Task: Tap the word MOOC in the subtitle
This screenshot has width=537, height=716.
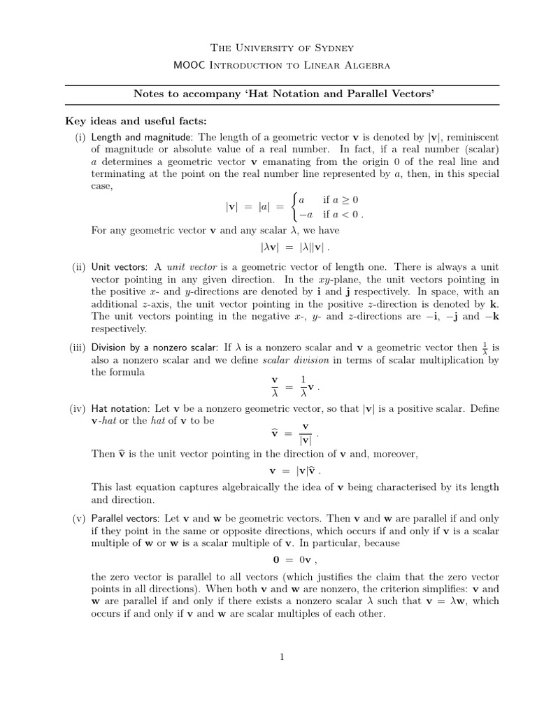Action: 186,65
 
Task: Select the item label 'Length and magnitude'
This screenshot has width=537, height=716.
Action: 136,137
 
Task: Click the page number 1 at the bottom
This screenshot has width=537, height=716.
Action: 281,657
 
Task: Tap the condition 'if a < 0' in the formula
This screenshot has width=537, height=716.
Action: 343,215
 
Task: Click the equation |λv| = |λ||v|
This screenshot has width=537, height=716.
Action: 294,247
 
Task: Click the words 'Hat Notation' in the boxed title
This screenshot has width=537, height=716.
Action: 222,94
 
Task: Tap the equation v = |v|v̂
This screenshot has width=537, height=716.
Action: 296,471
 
